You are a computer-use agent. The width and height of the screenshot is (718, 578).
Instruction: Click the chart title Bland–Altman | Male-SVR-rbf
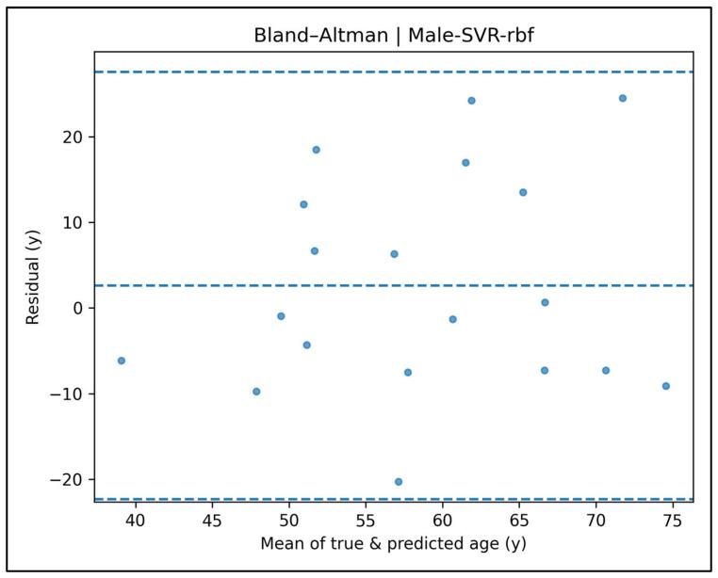pos(394,37)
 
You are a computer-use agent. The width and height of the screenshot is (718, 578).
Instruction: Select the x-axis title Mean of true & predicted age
pos(394,545)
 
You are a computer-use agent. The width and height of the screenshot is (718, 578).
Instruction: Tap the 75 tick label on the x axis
pos(673,519)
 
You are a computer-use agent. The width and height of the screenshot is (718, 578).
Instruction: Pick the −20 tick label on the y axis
pos(70,479)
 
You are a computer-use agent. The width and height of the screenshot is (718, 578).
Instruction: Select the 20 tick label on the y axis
pos(75,137)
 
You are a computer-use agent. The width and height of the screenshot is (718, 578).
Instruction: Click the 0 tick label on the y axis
pos(81,308)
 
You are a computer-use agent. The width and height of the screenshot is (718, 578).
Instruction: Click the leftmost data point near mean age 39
pos(122,361)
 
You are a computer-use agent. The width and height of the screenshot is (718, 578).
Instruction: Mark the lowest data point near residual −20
pos(399,482)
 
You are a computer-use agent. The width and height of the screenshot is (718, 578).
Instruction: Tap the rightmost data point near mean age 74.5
pos(666,386)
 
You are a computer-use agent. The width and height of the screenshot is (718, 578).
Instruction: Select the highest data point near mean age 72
pos(623,98)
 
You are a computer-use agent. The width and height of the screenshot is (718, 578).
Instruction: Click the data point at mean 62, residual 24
pos(471,101)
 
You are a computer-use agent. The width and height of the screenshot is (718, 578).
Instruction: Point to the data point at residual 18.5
pos(317,150)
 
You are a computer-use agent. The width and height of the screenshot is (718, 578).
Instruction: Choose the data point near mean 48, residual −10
pos(256,392)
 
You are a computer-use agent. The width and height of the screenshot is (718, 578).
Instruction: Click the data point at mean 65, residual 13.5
pos(523,192)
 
